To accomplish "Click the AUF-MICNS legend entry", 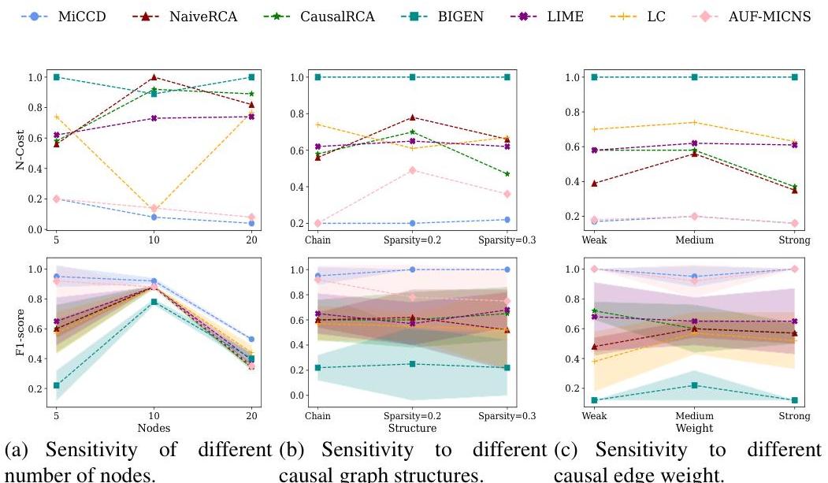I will coord(768,17).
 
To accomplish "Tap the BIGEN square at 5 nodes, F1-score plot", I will coord(56,385).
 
